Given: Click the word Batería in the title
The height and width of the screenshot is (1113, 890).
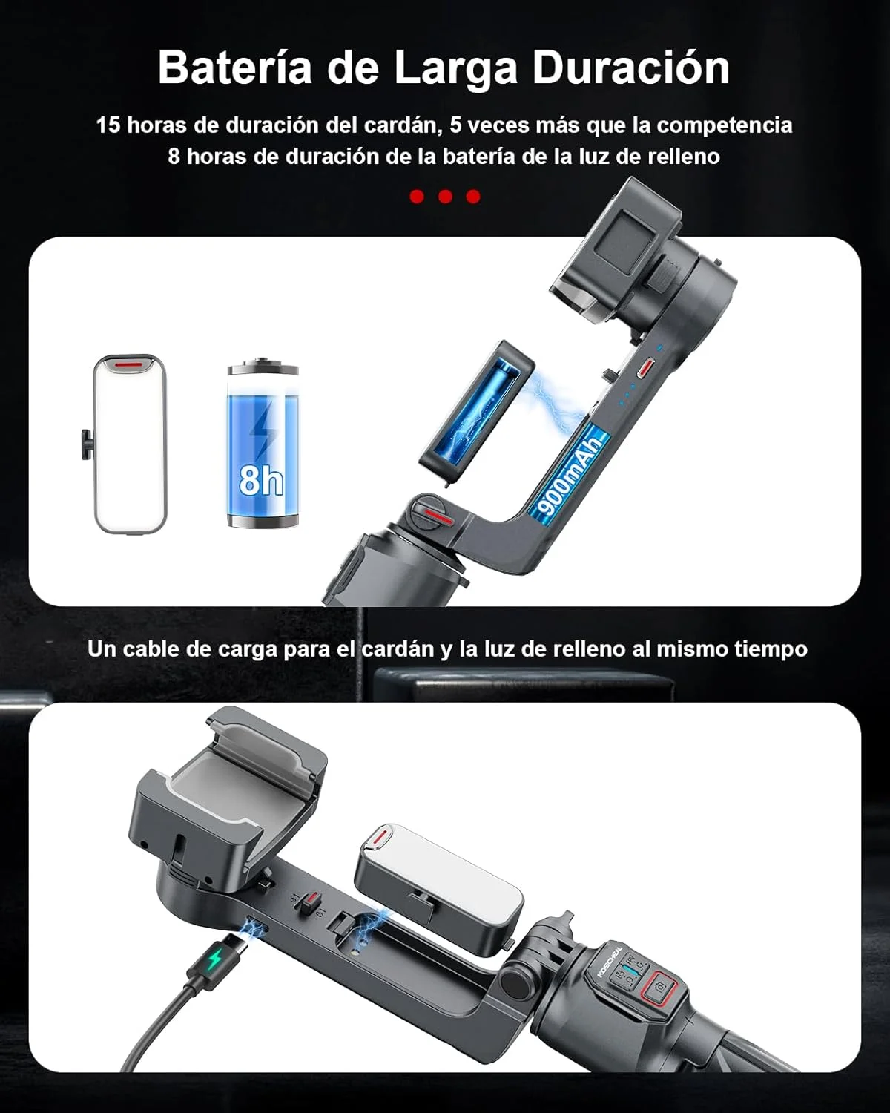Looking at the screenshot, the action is tap(235, 68).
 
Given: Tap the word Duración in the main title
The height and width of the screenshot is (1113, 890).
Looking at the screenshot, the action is tap(631, 68).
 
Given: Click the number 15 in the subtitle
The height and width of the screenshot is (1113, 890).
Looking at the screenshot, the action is tap(108, 125).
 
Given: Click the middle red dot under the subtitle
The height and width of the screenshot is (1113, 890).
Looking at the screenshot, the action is tap(445, 197).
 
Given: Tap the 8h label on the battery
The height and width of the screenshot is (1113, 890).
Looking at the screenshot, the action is tap(261, 481).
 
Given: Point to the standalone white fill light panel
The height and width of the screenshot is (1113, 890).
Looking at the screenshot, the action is tap(131, 443).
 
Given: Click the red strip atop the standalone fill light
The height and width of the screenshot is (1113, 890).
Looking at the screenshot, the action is tap(131, 364).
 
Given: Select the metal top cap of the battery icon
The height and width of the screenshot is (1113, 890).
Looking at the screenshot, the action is tap(263, 366).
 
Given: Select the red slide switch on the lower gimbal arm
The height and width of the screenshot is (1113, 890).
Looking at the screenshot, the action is tap(309, 904).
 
